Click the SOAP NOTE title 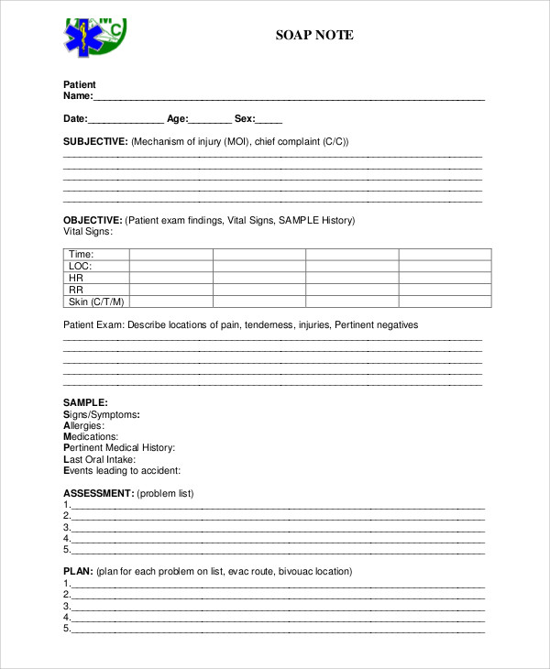click(314, 36)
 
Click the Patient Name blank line click(289, 97)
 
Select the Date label click(75, 119)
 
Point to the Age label click(178, 119)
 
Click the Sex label click(245, 119)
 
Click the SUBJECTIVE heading click(95, 142)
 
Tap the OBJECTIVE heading click(93, 221)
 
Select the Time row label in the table click(82, 255)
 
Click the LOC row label click(81, 267)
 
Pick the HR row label click(76, 279)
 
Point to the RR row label click(76, 291)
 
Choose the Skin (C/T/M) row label click(96, 302)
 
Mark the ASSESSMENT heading click(98, 494)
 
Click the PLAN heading click(77, 572)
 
